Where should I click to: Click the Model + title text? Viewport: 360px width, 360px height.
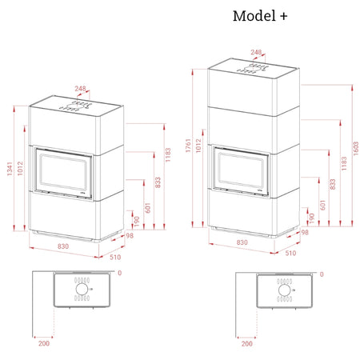coord(260,16)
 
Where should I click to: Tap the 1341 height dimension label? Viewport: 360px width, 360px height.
coord(10,169)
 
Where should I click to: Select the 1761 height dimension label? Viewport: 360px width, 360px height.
coord(188,146)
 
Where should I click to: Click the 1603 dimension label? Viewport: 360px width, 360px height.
coord(356,149)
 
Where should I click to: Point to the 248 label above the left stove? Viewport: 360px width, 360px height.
coord(80,88)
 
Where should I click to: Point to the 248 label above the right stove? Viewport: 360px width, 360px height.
coord(256,52)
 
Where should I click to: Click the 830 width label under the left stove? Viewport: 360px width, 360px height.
coord(63,246)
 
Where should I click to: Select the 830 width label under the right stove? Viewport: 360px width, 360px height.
coord(242,242)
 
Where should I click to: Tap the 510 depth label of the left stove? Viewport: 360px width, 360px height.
coord(115,257)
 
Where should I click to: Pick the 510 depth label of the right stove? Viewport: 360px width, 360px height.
coord(290,253)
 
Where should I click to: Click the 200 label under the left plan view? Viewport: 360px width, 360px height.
coord(44,343)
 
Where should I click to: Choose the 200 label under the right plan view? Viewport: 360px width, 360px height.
coord(247,344)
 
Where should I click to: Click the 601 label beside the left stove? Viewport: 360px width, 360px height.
coord(148,208)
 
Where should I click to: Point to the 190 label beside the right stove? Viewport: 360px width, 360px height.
coord(311,218)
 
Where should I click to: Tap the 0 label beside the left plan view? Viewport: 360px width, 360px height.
coord(120,273)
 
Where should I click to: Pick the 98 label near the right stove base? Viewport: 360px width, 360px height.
coord(305,233)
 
